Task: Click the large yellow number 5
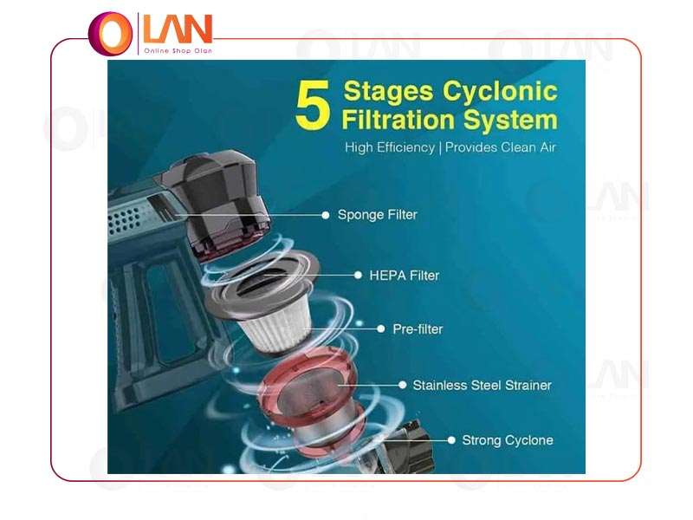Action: pyautogui.click(x=313, y=105)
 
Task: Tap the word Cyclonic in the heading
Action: pyautogui.click(x=500, y=92)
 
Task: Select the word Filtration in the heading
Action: pyautogui.click(x=398, y=120)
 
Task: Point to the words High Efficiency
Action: pyautogui.click(x=390, y=147)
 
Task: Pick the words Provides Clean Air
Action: pyautogui.click(x=501, y=146)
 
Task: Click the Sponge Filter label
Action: pyautogui.click(x=378, y=215)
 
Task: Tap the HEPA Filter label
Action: pyautogui.click(x=405, y=276)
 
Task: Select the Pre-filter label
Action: pyautogui.click(x=418, y=329)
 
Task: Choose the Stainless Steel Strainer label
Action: pyautogui.click(x=483, y=385)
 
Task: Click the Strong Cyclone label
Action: pyautogui.click(x=508, y=440)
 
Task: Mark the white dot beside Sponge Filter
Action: pyautogui.click(x=326, y=215)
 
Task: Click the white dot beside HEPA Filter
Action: pyautogui.click(x=358, y=276)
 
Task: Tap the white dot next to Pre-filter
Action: pyautogui.click(x=380, y=329)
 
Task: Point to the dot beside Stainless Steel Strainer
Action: pyautogui.click(x=402, y=385)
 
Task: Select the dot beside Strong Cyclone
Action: pyautogui.click(x=451, y=440)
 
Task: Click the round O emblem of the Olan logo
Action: pyautogui.click(x=111, y=34)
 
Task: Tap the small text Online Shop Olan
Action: pyautogui.click(x=178, y=51)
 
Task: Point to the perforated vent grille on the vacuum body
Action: pyautogui.click(x=126, y=220)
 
